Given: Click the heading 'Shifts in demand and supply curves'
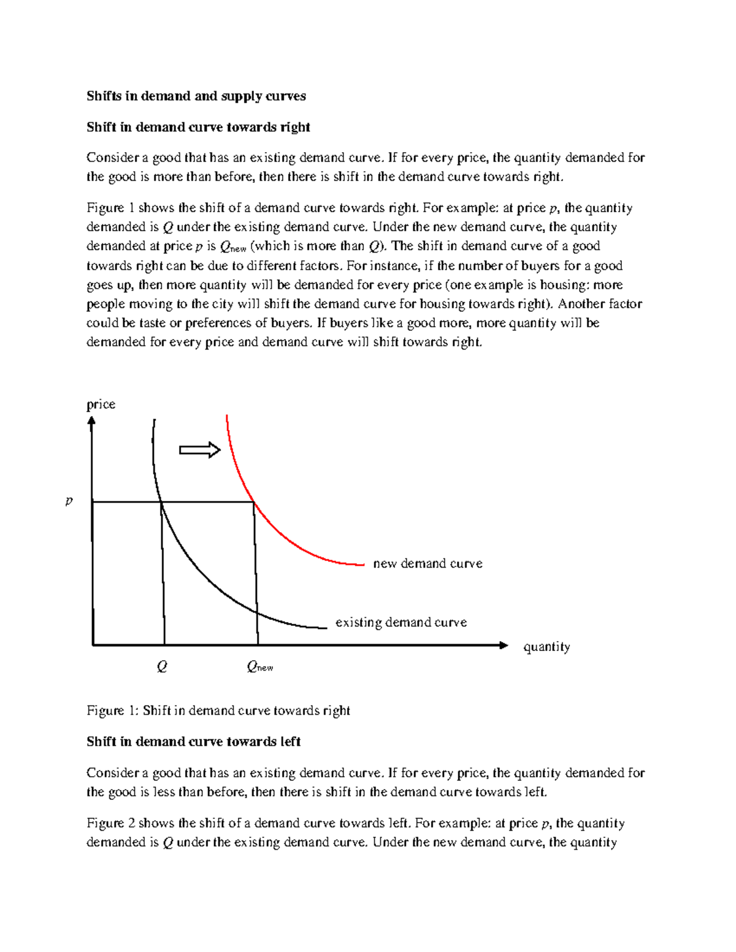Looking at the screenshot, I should [196, 96].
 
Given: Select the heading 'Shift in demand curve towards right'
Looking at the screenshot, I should [198, 128].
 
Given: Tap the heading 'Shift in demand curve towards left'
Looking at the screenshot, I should [193, 742].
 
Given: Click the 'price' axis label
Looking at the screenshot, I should [101, 405].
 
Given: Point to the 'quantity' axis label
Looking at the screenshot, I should [546, 647].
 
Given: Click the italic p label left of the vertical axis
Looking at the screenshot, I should [69, 501].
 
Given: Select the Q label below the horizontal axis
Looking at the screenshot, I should [162, 666].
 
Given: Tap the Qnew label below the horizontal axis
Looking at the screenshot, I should [259, 667].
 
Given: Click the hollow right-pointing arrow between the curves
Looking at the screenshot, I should [199, 450].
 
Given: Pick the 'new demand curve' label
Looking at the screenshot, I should [427, 563].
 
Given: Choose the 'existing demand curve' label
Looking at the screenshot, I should [401, 622].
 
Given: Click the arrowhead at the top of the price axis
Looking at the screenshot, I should [91, 421].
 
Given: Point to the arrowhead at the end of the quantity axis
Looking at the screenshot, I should [504, 645].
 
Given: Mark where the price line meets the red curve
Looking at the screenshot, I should [253, 503].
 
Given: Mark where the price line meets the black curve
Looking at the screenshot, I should [161, 503].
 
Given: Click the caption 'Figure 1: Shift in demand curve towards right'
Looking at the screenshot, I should [218, 710].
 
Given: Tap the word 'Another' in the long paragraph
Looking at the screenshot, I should [578, 304].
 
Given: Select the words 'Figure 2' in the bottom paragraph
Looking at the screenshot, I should [110, 823].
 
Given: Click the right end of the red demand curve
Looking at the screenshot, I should [363, 565].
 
